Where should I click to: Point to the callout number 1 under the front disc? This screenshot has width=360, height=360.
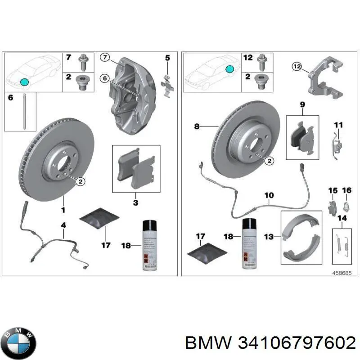tap(63, 210)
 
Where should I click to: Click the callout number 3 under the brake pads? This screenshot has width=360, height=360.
tap(135, 203)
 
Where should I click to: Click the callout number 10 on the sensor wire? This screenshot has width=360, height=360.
tap(269, 196)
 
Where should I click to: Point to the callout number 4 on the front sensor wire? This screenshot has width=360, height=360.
tap(63, 225)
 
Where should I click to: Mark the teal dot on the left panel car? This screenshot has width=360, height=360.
tap(25, 82)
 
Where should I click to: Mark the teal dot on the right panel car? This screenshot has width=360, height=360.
tap(229, 69)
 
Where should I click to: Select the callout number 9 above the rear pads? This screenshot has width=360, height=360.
tap(302, 105)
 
